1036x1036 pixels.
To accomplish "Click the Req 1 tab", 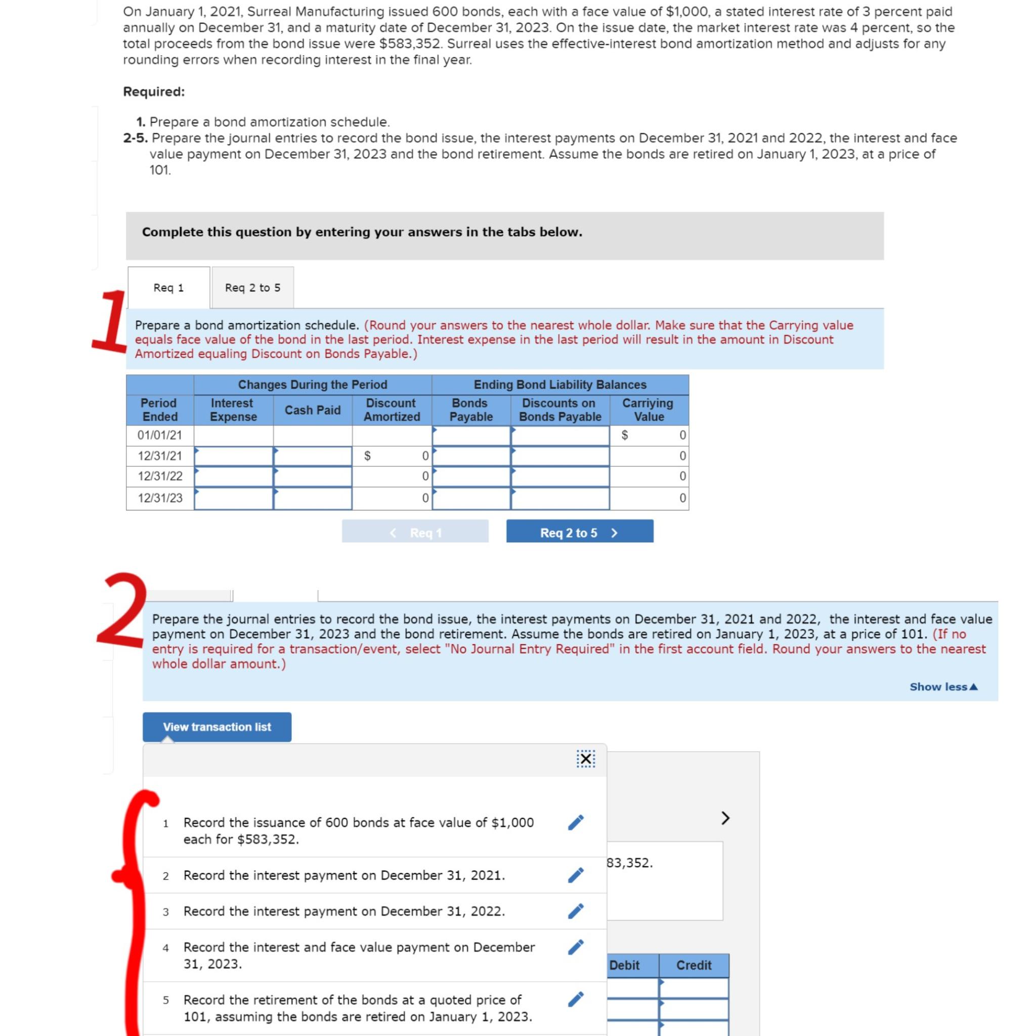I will (168, 287).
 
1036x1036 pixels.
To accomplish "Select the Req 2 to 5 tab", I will (252, 287).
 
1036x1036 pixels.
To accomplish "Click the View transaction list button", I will (217, 726).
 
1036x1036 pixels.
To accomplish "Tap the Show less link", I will (943, 686).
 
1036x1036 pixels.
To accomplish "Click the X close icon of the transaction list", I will (586, 759).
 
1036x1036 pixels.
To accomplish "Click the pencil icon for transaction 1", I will (575, 823).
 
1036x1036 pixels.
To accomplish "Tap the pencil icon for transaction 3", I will (575, 911).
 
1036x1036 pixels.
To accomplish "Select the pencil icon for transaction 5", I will (575, 1000).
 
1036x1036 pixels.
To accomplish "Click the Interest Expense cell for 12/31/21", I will (233, 456).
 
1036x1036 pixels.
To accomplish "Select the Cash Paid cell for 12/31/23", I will (313, 498).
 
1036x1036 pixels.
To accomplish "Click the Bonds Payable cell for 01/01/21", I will (471, 435).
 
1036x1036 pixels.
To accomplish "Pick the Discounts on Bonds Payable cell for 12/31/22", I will (560, 476).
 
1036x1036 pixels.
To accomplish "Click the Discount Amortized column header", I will (392, 410).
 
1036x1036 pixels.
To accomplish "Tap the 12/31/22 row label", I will (160, 476).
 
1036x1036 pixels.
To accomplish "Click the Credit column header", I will (694, 965).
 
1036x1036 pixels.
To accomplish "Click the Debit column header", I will (625, 965).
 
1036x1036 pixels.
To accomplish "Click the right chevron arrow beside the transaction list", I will (725, 818).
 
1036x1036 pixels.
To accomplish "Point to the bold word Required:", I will (154, 92).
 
